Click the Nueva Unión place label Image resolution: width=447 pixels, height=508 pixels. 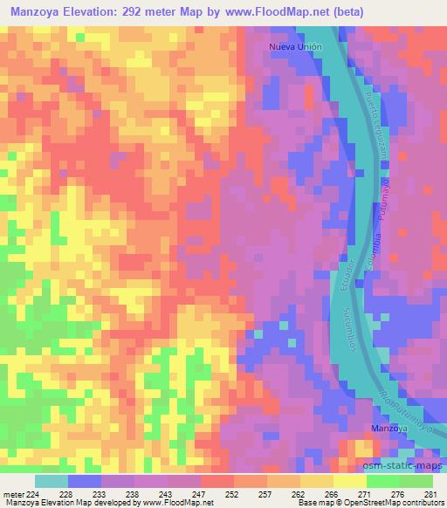click(296, 46)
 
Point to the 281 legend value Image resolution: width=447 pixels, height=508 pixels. click(430, 494)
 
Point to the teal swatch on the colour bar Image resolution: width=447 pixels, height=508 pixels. click(52, 481)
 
